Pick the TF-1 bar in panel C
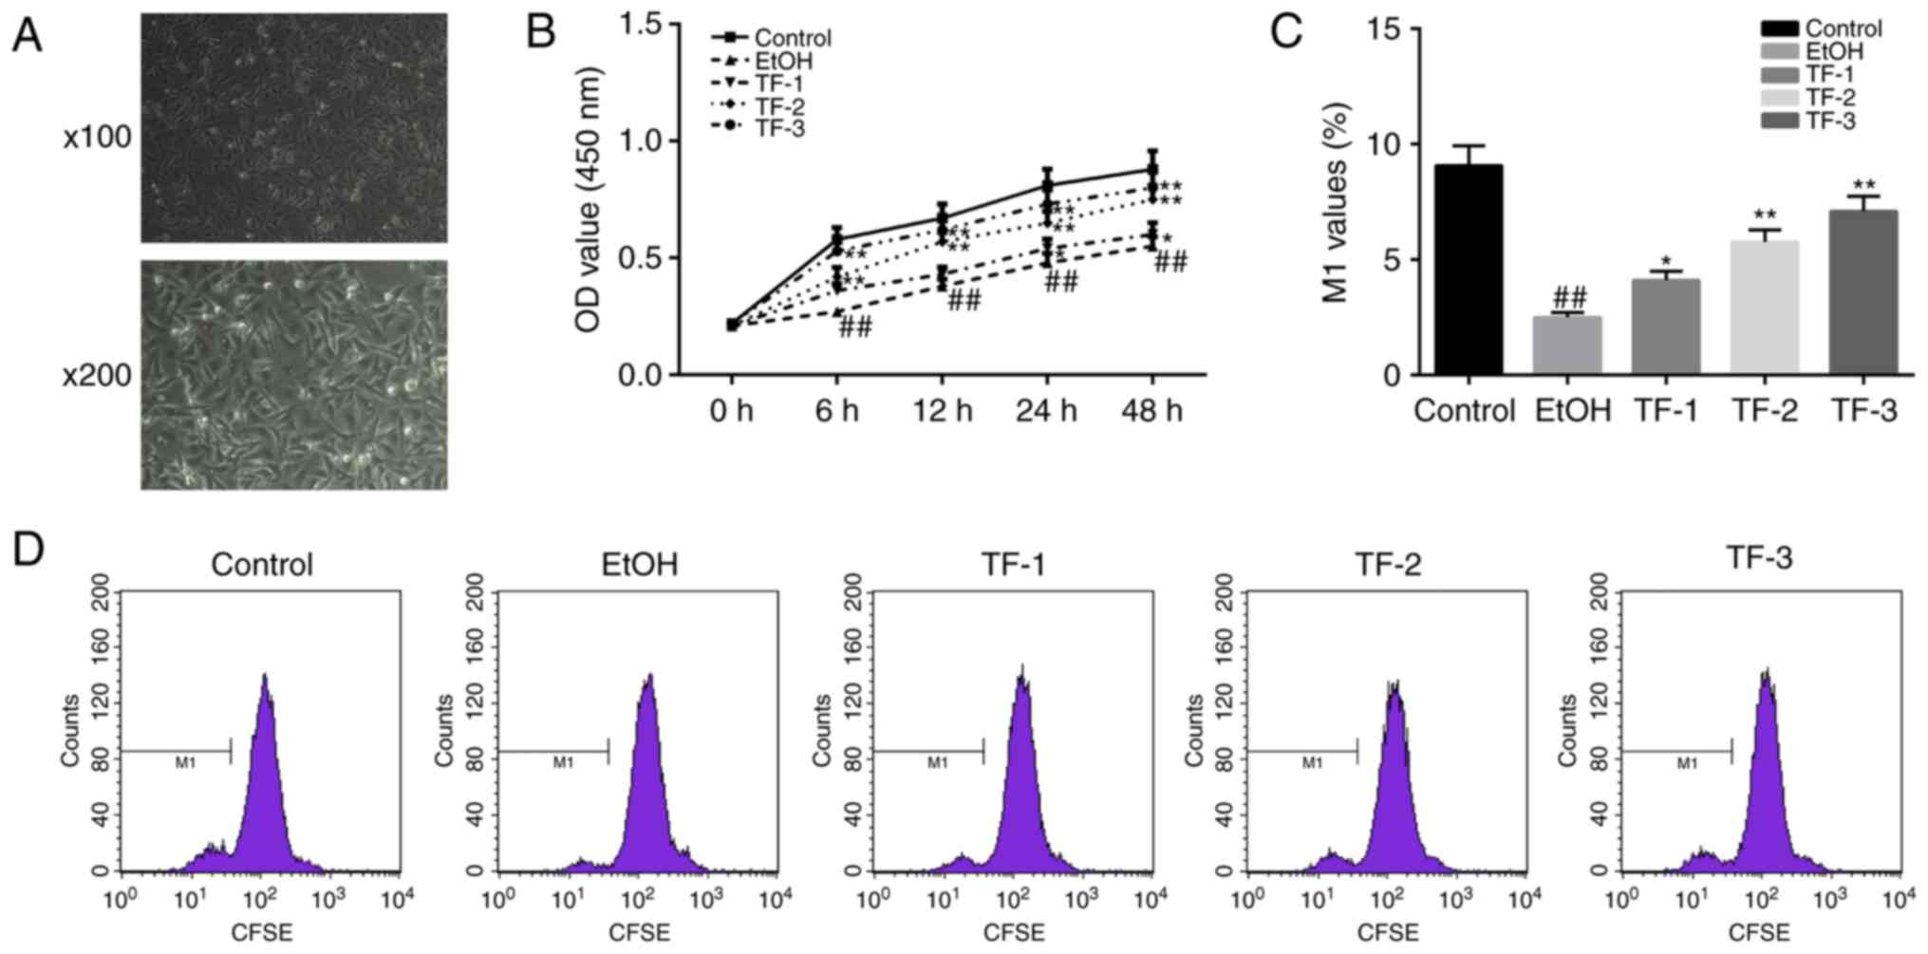click(1666, 327)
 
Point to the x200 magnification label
click(97, 376)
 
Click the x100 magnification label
click(97, 139)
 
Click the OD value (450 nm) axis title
click(590, 199)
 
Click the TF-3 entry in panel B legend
click(778, 128)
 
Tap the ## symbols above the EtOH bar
click(1568, 298)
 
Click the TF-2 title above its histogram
click(1386, 565)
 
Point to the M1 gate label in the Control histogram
click(185, 762)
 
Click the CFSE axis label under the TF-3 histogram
click(1759, 932)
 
